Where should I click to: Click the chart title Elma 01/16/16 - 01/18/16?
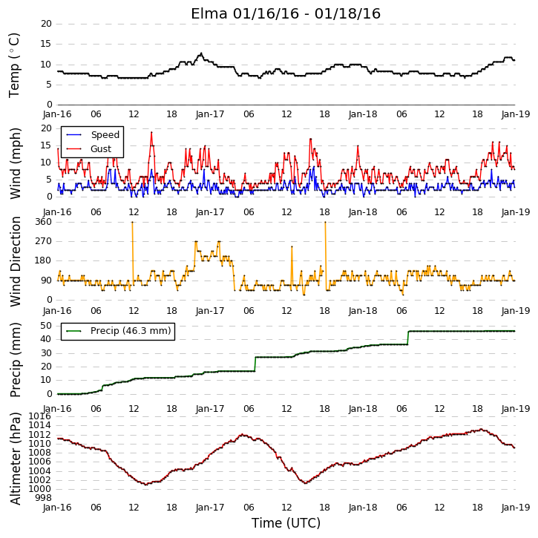pos(286,13)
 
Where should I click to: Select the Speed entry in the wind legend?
pos(105,135)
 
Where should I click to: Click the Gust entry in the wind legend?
pos(101,149)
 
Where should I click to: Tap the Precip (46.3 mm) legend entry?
pos(131,331)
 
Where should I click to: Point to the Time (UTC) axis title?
pos(286,523)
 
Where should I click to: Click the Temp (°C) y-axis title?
pos(14,65)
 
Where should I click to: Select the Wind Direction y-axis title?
pos(16,261)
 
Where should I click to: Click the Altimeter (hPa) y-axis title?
pos(15,459)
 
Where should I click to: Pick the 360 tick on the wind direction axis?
pos(44,222)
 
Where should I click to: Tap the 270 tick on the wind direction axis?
pos(44,241)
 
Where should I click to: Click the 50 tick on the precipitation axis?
pos(46,326)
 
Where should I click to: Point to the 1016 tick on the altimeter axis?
pos(39,416)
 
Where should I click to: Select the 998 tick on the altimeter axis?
pos(44,498)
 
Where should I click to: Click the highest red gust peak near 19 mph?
pos(151,132)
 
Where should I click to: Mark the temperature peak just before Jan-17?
pos(201,53)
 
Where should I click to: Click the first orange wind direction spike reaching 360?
pos(132,223)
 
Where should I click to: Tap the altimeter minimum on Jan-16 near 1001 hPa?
pos(146,485)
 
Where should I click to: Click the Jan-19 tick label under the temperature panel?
pos(516,114)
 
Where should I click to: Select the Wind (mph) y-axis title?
pos(16,163)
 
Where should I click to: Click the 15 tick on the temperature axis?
pos(46,44)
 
